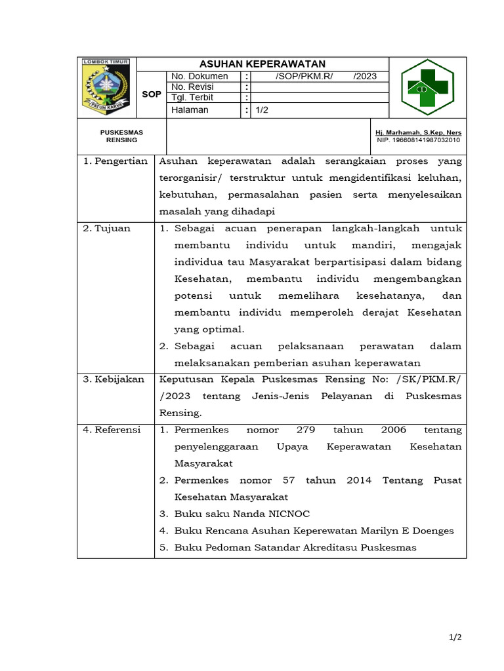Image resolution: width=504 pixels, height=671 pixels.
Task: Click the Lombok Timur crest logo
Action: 106,87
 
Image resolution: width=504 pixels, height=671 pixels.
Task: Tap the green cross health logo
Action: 427,87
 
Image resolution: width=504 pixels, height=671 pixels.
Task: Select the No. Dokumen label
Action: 199,76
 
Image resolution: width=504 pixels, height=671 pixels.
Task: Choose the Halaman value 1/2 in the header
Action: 262,110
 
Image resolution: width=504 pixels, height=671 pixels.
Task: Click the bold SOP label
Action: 152,94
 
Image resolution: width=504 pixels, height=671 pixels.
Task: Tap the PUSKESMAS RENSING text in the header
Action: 121,136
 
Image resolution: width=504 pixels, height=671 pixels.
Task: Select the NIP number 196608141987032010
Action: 419,140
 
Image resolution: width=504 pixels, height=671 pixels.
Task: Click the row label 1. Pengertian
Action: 115,161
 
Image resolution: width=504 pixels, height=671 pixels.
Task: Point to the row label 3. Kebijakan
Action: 114,379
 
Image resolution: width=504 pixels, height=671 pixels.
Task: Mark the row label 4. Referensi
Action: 112,430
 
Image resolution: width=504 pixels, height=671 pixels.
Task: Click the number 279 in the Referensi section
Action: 306,430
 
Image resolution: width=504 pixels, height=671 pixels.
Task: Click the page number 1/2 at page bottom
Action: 456,638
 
